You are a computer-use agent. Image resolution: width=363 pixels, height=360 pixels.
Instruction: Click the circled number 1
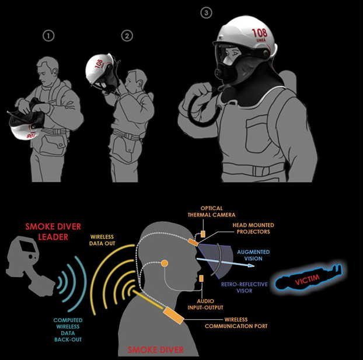pyautogui.click(x=48, y=36)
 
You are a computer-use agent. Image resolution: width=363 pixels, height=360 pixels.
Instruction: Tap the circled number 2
pyautogui.click(x=127, y=36)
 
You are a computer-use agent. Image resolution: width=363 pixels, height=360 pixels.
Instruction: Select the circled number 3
pyautogui.click(x=206, y=12)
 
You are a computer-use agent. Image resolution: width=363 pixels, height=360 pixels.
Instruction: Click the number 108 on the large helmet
pyautogui.click(x=260, y=33)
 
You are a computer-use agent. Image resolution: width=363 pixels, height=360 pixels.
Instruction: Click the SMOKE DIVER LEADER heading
pyautogui.click(x=53, y=232)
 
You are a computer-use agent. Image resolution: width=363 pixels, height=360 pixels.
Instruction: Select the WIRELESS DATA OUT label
pyautogui.click(x=102, y=240)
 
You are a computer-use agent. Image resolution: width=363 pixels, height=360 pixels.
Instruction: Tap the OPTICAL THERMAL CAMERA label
pyautogui.click(x=211, y=212)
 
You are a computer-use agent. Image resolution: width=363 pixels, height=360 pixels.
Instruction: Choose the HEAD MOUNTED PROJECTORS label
pyautogui.click(x=253, y=228)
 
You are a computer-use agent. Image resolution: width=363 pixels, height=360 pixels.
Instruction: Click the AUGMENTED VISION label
pyautogui.click(x=253, y=255)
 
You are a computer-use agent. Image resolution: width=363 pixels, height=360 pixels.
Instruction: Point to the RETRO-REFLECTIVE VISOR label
pyautogui.click(x=245, y=287)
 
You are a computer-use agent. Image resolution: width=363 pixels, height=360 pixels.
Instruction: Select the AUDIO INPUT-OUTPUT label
pyautogui.click(x=205, y=304)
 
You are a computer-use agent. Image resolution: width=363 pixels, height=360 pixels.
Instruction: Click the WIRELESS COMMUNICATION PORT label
pyautogui.click(x=236, y=323)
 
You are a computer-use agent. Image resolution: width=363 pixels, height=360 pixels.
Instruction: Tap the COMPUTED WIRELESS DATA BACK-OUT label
pyautogui.click(x=68, y=330)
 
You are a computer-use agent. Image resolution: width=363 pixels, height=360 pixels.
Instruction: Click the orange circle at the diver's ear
pyautogui.click(x=165, y=263)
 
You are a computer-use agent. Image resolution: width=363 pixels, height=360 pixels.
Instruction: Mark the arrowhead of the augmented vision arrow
pyautogui.click(x=251, y=265)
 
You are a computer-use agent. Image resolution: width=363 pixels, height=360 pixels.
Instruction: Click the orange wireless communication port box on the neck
pyautogui.click(x=173, y=315)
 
